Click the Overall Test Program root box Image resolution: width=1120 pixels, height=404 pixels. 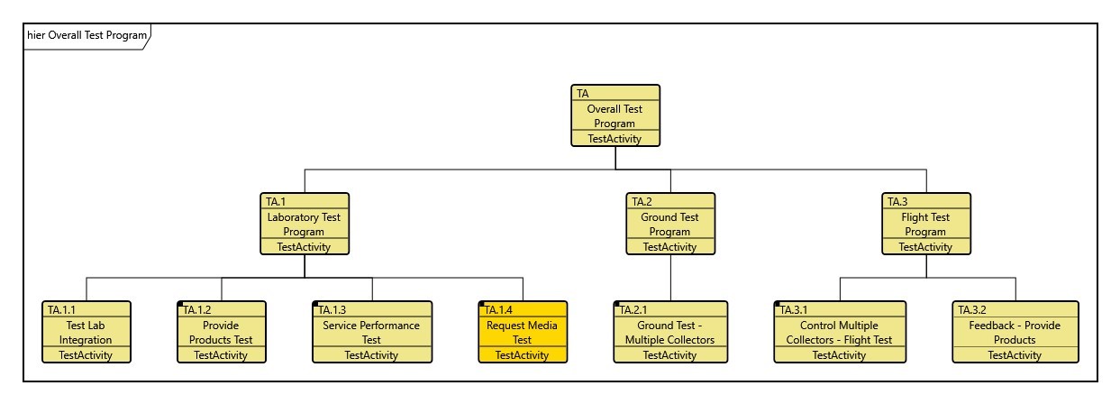click(615, 115)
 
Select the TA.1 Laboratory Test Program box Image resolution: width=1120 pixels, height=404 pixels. click(305, 224)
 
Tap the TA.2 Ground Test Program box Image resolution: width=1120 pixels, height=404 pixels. click(670, 224)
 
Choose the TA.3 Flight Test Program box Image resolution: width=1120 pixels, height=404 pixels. click(926, 224)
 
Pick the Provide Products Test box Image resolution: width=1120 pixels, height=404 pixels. click(221, 332)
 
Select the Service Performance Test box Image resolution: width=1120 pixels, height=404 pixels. click(371, 332)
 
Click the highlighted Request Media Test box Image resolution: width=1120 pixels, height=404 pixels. click(523, 332)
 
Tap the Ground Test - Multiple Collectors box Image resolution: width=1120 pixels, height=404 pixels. click(669, 332)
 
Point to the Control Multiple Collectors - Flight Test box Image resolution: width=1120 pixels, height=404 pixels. click(839, 332)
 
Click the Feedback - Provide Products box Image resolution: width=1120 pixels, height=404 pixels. click(1015, 332)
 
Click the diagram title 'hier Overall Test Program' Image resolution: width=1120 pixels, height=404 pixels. click(87, 35)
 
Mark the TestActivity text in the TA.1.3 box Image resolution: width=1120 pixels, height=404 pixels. click(371, 355)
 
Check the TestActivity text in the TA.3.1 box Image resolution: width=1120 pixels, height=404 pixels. click(839, 355)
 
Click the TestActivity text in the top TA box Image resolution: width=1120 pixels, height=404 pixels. click(615, 139)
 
